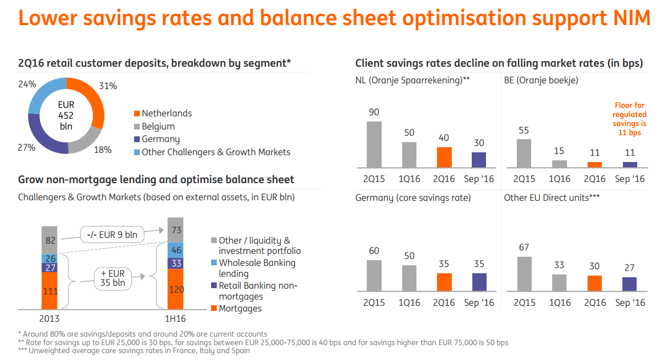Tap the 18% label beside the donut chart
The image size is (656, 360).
[x=103, y=150]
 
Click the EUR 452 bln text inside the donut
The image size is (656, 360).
[x=66, y=115]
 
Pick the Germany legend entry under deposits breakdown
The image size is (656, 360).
[x=160, y=139]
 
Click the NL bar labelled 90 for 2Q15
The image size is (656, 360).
[x=374, y=144]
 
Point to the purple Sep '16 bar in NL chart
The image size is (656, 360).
[x=479, y=160]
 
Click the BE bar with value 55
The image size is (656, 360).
[x=524, y=153]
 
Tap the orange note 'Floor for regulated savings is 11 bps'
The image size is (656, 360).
[x=629, y=119]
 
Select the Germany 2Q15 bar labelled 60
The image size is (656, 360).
[x=374, y=276]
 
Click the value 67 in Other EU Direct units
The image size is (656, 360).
[x=524, y=247]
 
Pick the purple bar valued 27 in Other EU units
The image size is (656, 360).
[x=629, y=284]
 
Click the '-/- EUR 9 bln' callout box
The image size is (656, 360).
[x=112, y=234]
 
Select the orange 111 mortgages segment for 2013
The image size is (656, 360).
[x=50, y=291]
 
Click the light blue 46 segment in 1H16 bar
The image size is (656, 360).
[x=175, y=250]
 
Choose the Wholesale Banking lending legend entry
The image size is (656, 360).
[x=257, y=268]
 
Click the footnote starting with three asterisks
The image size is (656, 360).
[x=134, y=351]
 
